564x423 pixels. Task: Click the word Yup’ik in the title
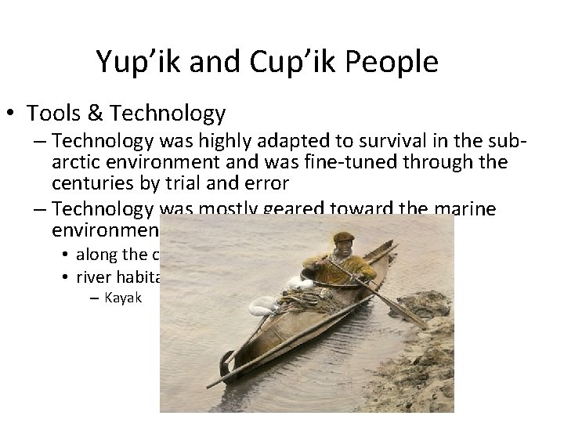137,62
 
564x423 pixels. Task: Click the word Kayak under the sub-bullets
121,298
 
